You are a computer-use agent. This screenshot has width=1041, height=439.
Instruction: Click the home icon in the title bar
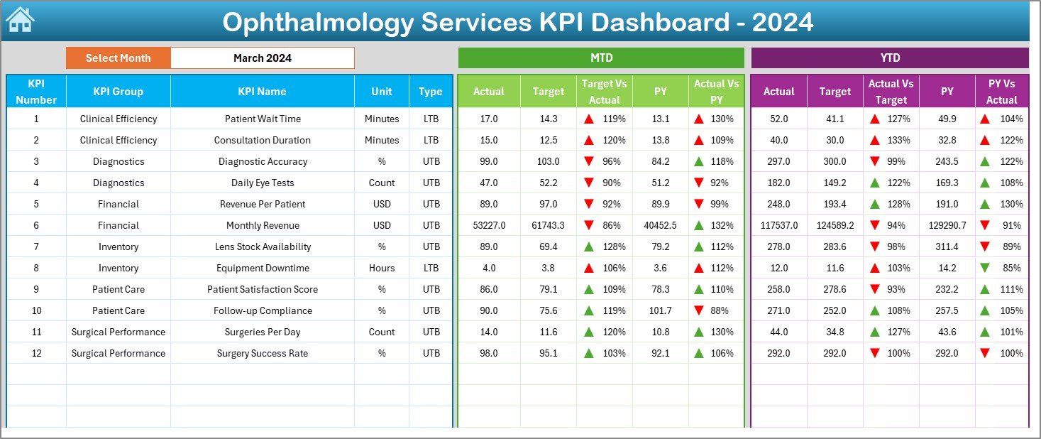click(x=20, y=20)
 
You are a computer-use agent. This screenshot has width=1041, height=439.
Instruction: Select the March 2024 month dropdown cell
click(x=262, y=58)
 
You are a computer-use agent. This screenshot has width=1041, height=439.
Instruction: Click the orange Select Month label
click(x=118, y=58)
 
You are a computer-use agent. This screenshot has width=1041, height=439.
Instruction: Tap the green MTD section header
click(x=601, y=58)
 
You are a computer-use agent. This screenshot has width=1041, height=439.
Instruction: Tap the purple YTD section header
click(x=889, y=58)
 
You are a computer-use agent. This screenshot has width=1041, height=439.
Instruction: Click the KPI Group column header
click(x=118, y=91)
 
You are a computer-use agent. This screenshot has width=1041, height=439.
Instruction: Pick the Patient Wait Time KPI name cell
click(x=263, y=119)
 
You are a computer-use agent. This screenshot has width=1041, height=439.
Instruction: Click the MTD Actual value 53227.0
click(x=488, y=225)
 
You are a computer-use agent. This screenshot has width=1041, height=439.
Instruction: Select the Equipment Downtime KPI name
click(x=263, y=268)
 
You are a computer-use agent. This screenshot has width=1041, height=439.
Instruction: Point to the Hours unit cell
click(x=382, y=268)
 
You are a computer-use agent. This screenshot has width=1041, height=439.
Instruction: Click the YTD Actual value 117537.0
click(x=778, y=225)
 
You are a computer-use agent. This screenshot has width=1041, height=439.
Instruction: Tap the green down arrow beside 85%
click(x=984, y=268)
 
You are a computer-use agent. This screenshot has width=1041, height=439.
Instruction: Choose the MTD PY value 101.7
click(x=660, y=310)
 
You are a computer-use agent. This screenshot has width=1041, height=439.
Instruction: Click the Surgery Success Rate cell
click(x=263, y=353)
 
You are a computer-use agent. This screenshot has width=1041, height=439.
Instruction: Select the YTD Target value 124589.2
click(x=835, y=225)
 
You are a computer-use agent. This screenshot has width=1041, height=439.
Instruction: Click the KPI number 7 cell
click(x=36, y=246)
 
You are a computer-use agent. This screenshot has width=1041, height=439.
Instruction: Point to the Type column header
click(x=430, y=91)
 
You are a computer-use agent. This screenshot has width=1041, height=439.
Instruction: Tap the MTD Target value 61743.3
click(x=548, y=225)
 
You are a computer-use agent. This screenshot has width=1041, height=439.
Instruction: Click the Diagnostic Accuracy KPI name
click(x=263, y=161)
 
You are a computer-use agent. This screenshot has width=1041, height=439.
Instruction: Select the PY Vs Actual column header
click(x=1001, y=91)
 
